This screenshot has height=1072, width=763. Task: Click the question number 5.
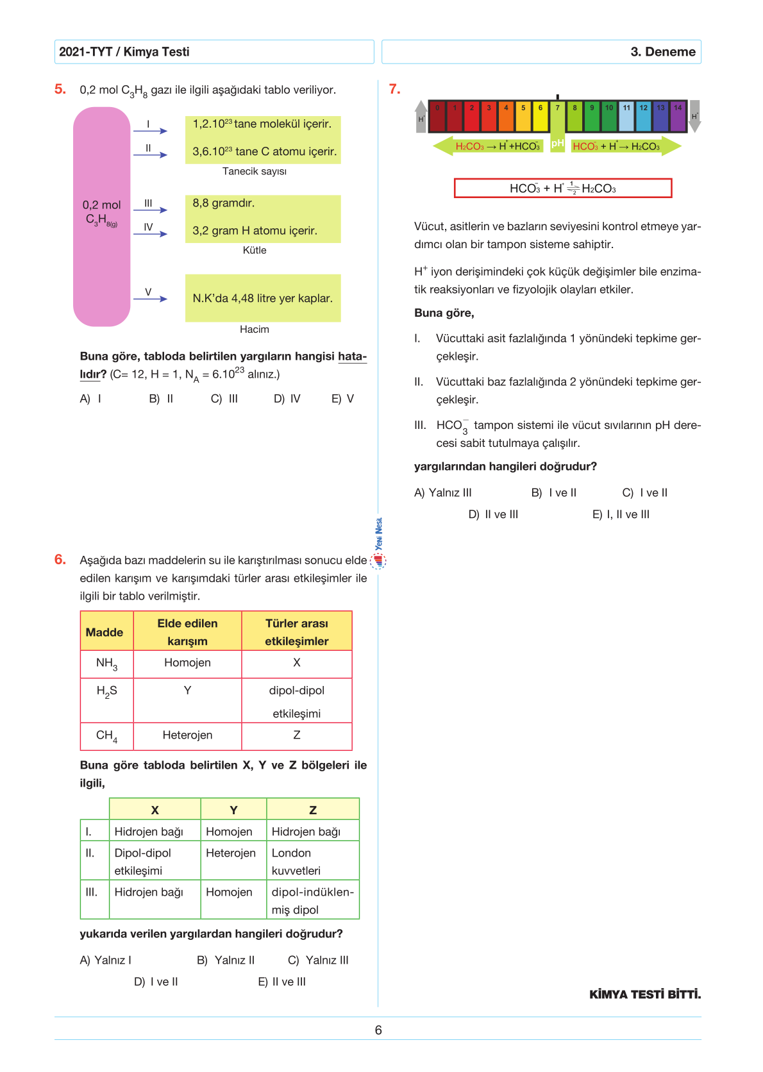pos(60,89)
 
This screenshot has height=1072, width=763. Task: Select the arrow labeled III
pos(150,210)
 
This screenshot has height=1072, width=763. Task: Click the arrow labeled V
pos(150,298)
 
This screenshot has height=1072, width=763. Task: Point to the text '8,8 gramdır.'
pos(224,203)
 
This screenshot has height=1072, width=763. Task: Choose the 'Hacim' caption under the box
pos(255,329)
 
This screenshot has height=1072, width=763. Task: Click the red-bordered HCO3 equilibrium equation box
pos(562,188)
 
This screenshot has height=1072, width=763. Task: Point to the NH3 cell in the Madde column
pos(106,664)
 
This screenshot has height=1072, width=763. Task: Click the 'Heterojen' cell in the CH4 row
pos(187,735)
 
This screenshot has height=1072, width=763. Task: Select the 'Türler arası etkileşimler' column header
pos(296,632)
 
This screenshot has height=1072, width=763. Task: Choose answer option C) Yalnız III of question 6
pos(319,960)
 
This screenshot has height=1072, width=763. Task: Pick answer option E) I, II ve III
pos(621,514)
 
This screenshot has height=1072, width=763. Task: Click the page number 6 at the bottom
pos(378,1030)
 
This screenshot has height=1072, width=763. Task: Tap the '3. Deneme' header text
pos(662,52)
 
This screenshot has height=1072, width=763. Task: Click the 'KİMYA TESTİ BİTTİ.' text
pos(645,994)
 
